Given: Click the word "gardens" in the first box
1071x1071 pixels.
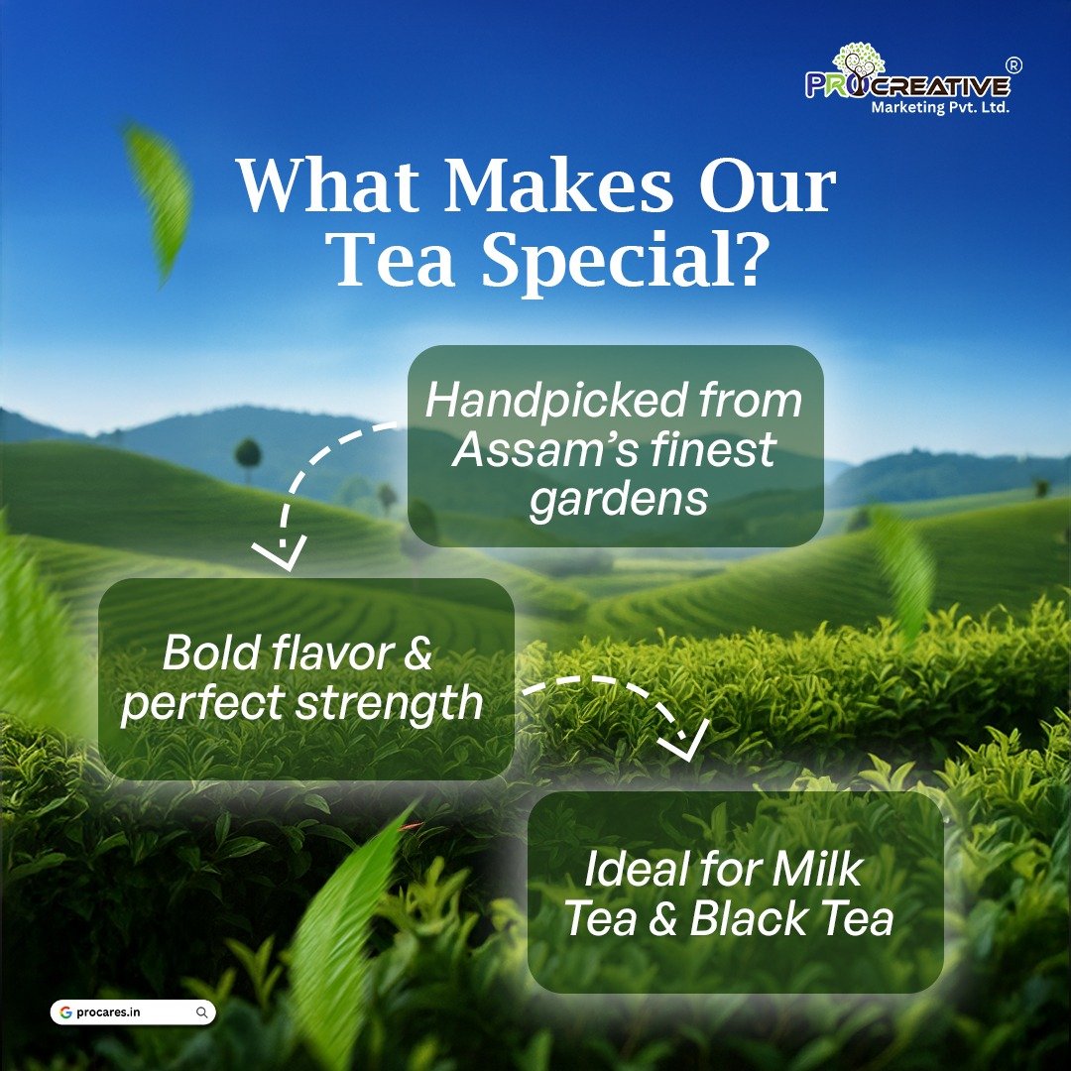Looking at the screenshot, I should [x=618, y=499].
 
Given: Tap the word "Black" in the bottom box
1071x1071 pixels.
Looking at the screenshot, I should [x=741, y=919].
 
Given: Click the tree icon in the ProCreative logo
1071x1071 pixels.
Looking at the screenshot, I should [x=860, y=61].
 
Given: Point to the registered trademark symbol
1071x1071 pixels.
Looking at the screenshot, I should [x=1012, y=65].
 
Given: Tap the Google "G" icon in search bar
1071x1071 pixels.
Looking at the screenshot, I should [x=65, y=1012].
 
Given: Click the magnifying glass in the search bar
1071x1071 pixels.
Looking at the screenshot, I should [x=201, y=1012].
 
